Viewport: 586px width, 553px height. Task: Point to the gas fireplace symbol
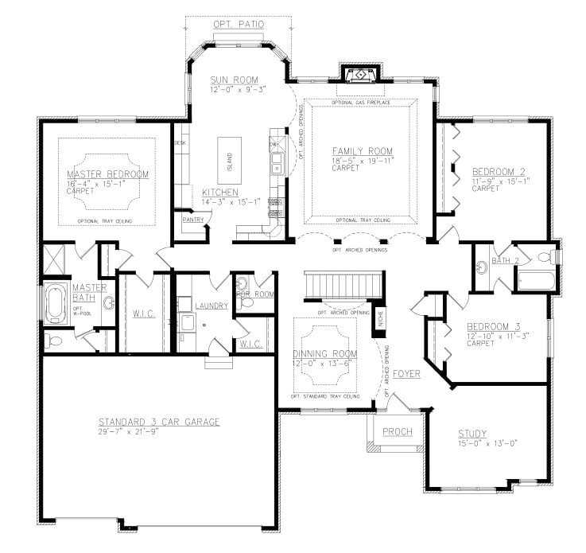[x=360, y=75]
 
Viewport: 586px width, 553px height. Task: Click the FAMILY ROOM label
[x=362, y=151]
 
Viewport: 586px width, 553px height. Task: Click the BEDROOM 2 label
[x=498, y=172]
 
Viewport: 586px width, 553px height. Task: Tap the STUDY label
[x=472, y=434]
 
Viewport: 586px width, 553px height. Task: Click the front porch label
[x=396, y=432]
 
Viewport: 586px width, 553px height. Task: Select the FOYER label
[x=406, y=373]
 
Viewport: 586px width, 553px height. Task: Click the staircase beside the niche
[x=343, y=285]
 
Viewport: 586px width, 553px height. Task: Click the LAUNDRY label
[x=210, y=306]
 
